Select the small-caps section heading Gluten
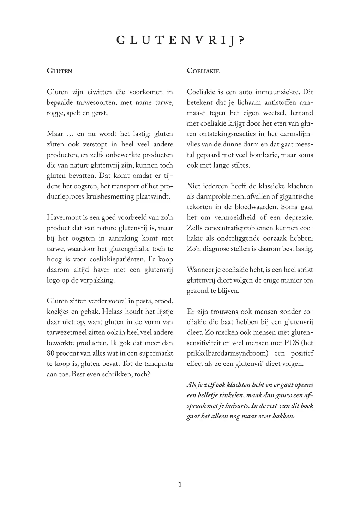[59, 71]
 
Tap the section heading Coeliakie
[203, 71]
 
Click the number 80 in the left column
[51, 353]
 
